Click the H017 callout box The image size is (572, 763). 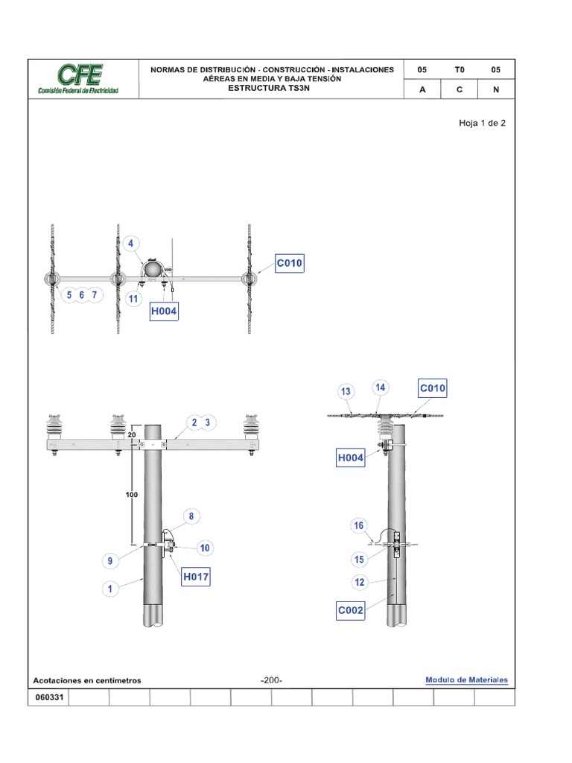click(195, 577)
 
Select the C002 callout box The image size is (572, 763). click(351, 611)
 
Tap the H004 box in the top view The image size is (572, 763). click(164, 311)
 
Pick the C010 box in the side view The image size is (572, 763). click(433, 388)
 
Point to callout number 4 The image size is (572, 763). click(131, 244)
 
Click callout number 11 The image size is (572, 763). click(133, 300)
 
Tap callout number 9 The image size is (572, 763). click(110, 560)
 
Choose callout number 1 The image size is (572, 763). click(110, 589)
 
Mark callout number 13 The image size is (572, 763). click(346, 391)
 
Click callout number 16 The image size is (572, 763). click(358, 525)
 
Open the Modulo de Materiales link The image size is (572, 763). click(466, 680)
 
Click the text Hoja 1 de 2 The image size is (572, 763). click(482, 123)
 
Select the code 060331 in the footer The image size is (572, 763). click(48, 697)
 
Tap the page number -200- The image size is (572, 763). click(271, 680)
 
